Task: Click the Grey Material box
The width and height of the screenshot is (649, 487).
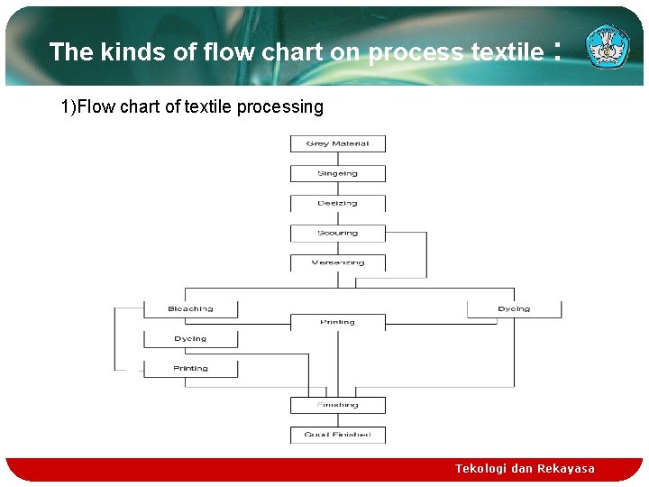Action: point(337,143)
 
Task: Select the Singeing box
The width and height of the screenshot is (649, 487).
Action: point(337,173)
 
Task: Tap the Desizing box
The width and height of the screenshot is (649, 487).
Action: point(337,203)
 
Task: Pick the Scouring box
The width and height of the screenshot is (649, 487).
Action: point(337,233)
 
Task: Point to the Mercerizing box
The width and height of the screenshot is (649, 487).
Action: point(337,262)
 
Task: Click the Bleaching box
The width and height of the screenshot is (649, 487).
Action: point(190,308)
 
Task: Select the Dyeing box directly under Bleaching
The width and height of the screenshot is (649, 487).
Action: point(190,338)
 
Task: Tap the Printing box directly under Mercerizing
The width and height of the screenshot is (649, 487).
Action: point(337,322)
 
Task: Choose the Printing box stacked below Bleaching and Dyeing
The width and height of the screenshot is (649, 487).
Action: point(190,368)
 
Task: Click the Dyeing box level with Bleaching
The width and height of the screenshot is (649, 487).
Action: point(514,308)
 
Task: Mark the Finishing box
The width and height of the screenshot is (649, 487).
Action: point(337,405)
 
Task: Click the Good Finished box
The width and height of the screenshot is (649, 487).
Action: point(337,435)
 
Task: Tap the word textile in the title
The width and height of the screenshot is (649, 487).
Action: point(507,52)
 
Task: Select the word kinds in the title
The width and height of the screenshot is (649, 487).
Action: point(133,52)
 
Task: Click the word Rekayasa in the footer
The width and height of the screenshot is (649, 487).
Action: point(566,469)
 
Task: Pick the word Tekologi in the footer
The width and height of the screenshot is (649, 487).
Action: point(480,469)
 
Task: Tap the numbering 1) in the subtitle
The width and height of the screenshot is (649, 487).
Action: point(69,107)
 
